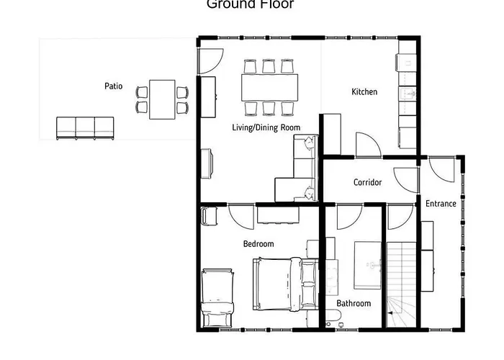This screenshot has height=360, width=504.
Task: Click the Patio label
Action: pos(114,86)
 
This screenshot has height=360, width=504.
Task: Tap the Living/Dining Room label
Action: pos(266,127)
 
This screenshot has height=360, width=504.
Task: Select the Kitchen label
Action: pos(364,92)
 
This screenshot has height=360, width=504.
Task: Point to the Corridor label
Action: pos(367,182)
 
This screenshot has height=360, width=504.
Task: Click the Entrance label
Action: pos(440,204)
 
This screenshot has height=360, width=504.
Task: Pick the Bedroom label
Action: pos(258,244)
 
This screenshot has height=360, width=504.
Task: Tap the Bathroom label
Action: pos(353,303)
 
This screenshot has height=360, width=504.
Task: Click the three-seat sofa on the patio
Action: pos(85,127)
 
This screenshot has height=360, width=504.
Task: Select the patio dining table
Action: pos(162,100)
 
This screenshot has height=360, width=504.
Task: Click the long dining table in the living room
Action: pos(269,87)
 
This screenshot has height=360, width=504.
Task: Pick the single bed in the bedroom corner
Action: pos(217,297)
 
